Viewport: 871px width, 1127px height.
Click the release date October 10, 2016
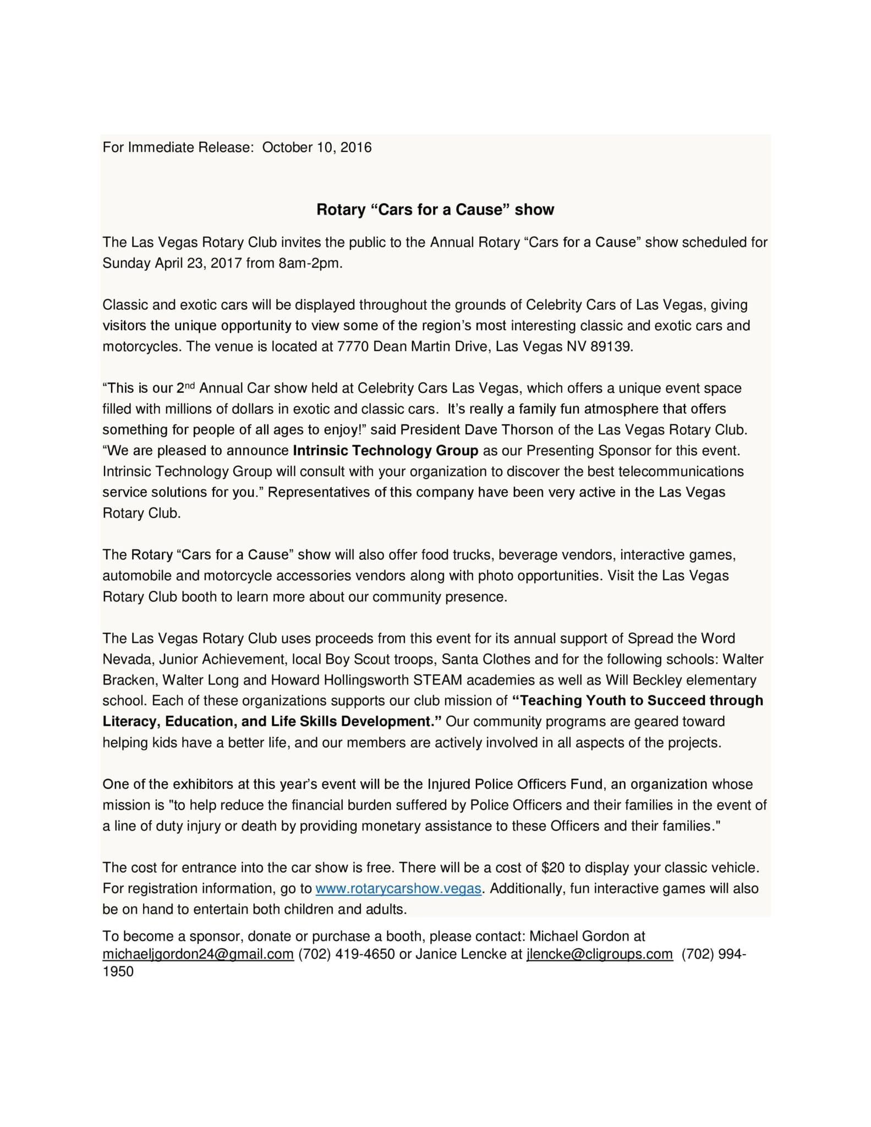click(316, 147)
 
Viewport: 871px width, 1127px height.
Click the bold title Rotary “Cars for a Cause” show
click(435, 210)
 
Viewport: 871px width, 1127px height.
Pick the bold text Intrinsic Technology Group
click(385, 451)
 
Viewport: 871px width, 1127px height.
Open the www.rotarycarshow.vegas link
click(398, 889)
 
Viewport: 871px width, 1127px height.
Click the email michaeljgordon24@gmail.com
click(198, 954)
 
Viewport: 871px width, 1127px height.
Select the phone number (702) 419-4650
click(346, 954)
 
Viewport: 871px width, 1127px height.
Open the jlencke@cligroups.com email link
click(599, 954)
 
